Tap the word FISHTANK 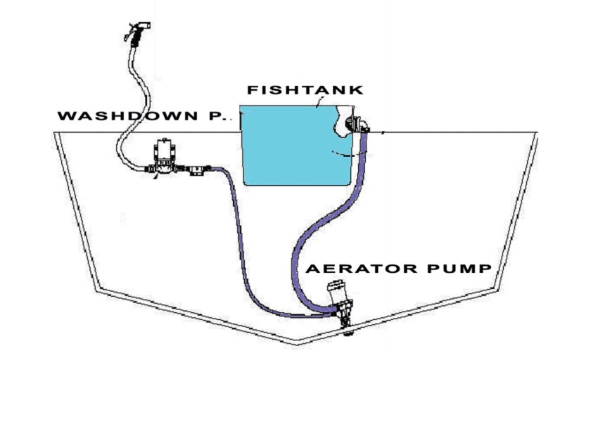point(304,90)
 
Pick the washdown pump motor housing point(164,148)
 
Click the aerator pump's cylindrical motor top point(337,288)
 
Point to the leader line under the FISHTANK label point(319,103)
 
